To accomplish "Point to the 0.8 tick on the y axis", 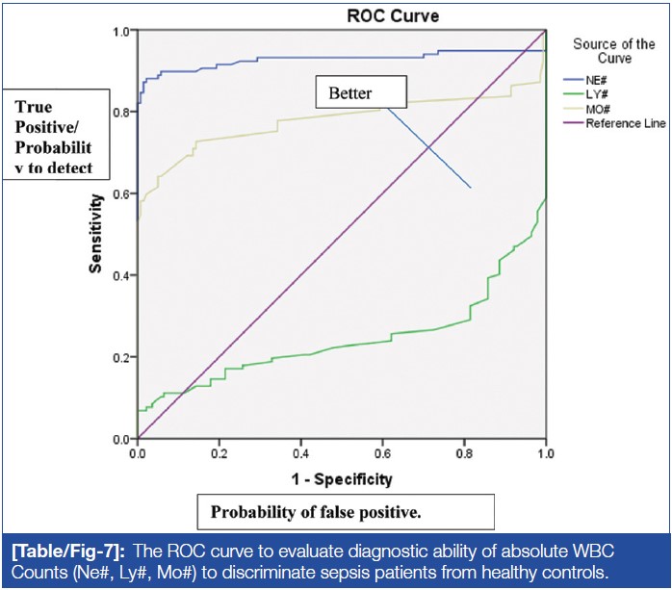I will click(x=121, y=113).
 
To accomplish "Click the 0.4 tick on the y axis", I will click(x=121, y=276).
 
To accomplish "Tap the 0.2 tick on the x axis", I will click(x=220, y=452).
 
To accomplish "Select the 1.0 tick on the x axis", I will click(x=546, y=452).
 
